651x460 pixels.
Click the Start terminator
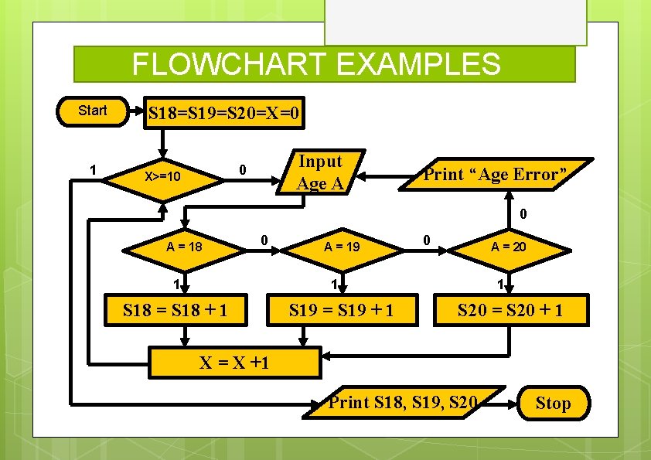(93, 111)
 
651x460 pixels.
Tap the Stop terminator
(553, 404)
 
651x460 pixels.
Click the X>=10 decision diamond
(163, 177)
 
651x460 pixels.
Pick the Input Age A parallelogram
(319, 172)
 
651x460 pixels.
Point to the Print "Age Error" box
(499, 174)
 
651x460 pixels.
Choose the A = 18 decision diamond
(185, 247)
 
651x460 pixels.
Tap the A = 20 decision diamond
(509, 247)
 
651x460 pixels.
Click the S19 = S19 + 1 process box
(341, 311)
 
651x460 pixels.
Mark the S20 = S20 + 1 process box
(510, 311)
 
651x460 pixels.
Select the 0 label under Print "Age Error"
(523, 213)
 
